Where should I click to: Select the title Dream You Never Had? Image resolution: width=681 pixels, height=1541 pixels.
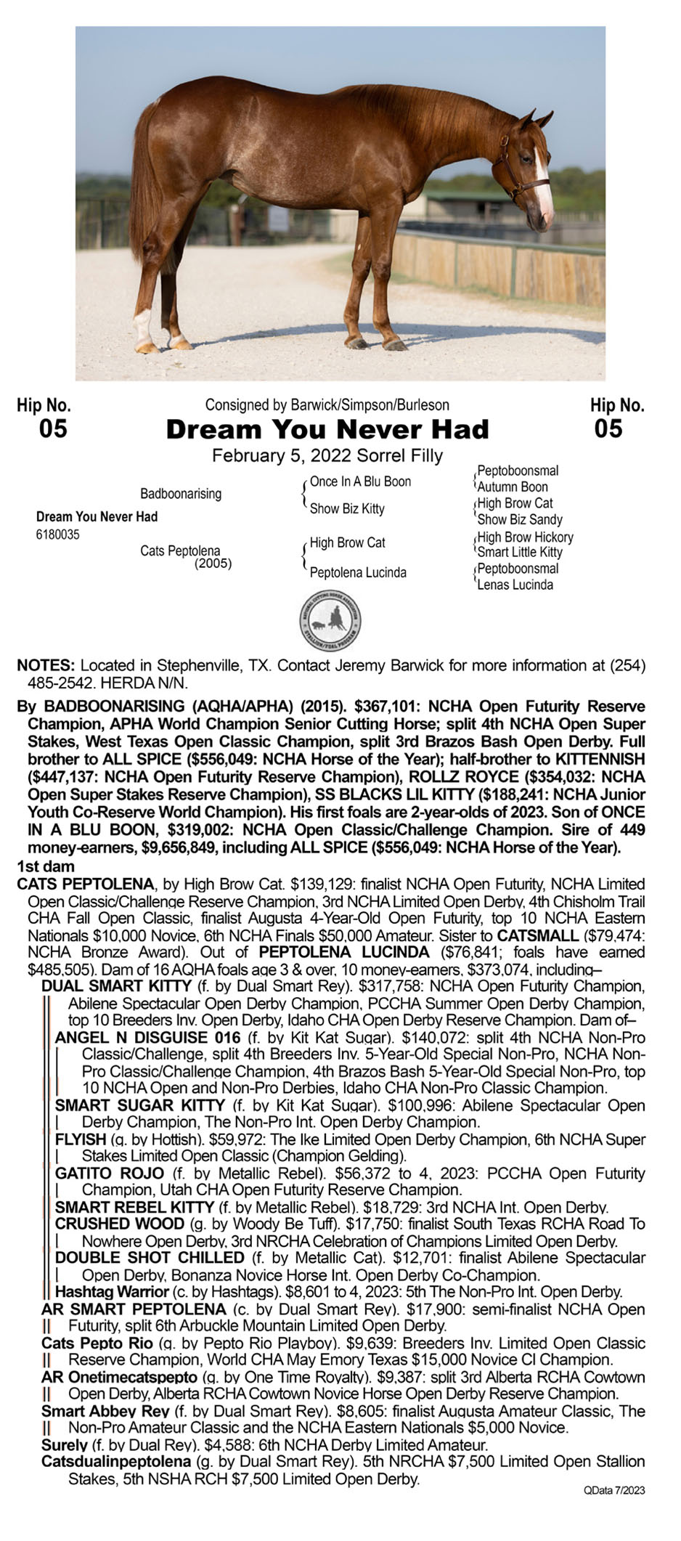(327, 429)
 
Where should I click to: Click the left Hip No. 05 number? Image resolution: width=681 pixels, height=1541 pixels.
(53, 429)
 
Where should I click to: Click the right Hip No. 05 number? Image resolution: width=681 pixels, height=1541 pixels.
(608, 429)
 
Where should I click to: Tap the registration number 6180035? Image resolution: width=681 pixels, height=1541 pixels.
(57, 534)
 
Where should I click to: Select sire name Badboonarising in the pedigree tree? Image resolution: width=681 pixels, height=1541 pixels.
(181, 494)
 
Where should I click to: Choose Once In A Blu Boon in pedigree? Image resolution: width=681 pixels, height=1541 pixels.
(360, 481)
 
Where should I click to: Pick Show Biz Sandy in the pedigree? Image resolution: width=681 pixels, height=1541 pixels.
(519, 519)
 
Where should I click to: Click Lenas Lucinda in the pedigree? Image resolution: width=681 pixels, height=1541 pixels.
(515, 585)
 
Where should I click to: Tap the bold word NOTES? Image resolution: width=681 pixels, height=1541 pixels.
(46, 665)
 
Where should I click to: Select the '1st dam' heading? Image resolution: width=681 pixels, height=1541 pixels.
(46, 866)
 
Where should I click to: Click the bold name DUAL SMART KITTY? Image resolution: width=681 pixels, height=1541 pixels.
(116, 986)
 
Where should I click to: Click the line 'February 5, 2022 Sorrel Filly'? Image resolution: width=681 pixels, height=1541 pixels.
(327, 456)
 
